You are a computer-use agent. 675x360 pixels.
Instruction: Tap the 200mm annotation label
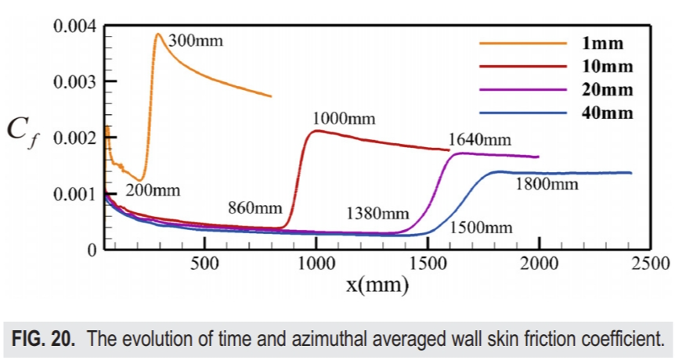coord(153,190)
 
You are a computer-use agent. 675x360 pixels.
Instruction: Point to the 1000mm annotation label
coord(344,120)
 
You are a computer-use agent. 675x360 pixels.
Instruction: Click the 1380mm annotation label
coord(378,214)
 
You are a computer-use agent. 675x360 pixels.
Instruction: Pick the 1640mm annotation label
coord(479,141)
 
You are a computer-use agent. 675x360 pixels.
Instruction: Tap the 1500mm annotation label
coord(481,228)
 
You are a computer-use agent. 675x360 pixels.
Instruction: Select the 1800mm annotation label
coord(547,185)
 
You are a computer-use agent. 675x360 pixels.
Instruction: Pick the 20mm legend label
coord(608,89)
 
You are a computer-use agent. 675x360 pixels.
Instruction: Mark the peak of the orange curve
coord(157,34)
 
